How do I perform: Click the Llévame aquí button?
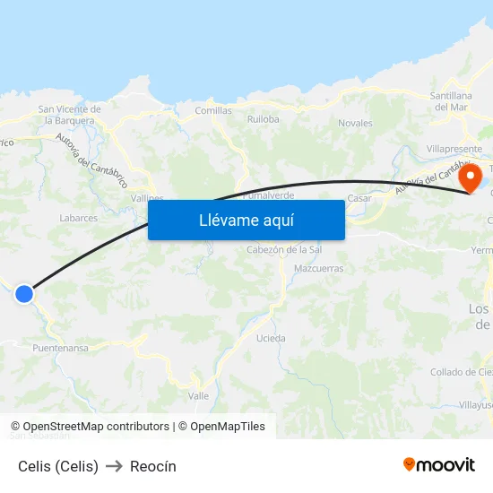246,221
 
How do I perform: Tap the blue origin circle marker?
24,293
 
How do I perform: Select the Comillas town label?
213,111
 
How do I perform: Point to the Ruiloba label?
264,118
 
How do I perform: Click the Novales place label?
355,123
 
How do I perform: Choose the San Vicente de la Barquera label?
69,115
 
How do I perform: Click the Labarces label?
78,218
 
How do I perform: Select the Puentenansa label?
60,348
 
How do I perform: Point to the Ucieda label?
271,339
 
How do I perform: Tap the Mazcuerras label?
318,268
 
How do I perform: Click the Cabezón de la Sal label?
284,250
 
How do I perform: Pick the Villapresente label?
454,148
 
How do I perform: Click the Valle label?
199,395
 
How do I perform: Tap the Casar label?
359,198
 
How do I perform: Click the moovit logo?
439,465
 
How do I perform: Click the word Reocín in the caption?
153,466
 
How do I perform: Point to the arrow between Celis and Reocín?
114,466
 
